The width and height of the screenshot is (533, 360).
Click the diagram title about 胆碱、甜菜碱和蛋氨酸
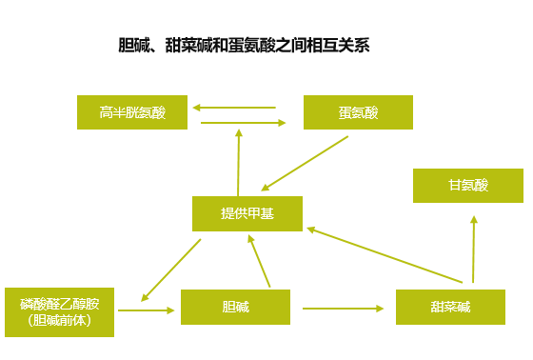click(243, 45)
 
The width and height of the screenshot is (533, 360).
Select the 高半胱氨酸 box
click(132, 112)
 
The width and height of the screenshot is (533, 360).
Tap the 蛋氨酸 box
click(358, 112)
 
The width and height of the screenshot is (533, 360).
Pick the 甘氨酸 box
click(467, 186)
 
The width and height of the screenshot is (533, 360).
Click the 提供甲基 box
click(247, 213)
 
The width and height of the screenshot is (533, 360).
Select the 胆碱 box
click(235, 307)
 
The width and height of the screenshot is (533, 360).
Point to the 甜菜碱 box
click(449, 307)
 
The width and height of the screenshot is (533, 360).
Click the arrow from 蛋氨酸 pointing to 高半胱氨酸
click(234, 108)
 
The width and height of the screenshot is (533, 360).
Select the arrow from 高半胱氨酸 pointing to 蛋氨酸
click(244, 122)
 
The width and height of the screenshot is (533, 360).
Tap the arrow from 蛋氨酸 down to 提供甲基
click(305, 163)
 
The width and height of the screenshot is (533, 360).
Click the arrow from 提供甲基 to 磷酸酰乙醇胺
click(171, 270)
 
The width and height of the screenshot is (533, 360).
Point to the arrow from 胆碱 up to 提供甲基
click(260, 259)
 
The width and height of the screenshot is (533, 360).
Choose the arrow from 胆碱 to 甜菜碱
click(343, 308)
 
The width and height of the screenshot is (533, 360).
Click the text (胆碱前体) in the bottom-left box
click(59, 320)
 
